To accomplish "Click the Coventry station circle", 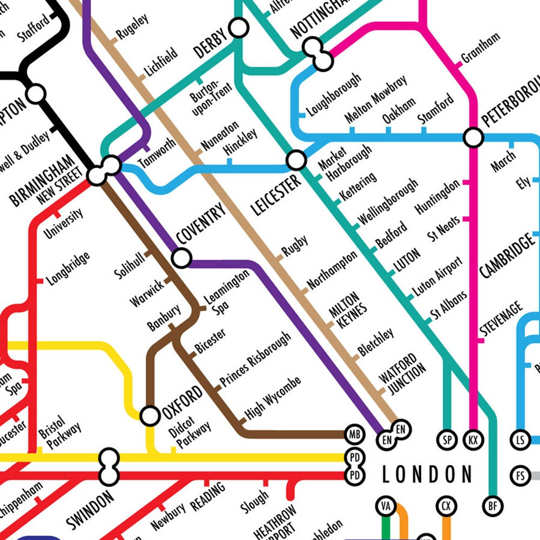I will click(x=181, y=259).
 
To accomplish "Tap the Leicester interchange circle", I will click(x=296, y=160).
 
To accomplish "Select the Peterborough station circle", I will click(x=474, y=137).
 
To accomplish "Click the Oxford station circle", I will click(x=150, y=416).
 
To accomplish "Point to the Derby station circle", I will click(x=238, y=27).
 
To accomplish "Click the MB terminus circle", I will click(x=354, y=434).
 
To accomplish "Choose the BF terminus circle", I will click(x=492, y=506).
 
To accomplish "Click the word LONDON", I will click(x=427, y=475).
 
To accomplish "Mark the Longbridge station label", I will click(x=68, y=268).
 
